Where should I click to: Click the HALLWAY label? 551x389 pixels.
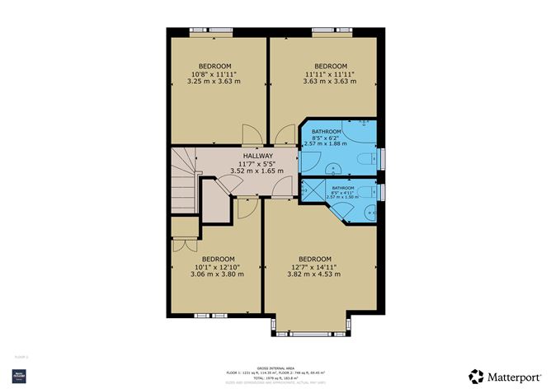coord(258,156)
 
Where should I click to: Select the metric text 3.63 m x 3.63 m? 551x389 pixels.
coord(329,81)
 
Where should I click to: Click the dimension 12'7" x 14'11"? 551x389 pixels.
coord(314,265)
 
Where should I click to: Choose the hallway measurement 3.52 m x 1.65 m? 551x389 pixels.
coord(258,171)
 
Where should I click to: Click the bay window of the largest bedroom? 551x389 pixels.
coord(314,332)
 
